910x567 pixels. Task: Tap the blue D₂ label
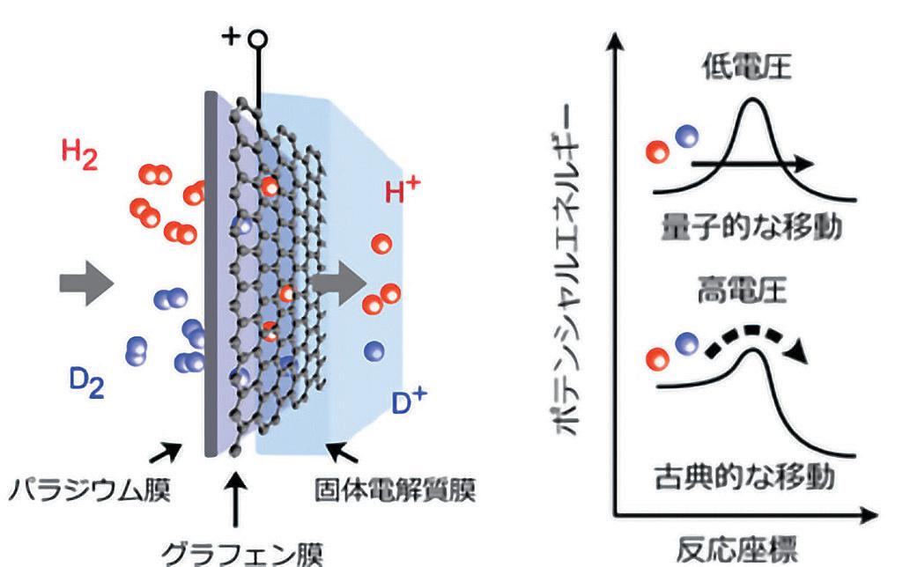tap(87, 383)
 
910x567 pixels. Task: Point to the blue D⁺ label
tap(410, 401)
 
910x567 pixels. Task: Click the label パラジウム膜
tap(89, 490)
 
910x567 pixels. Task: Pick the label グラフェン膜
tap(242, 553)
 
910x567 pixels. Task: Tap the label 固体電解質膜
tap(396, 490)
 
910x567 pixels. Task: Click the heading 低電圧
tap(747, 67)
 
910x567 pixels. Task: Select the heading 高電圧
tap(742, 291)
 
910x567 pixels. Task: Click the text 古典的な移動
tap(744, 477)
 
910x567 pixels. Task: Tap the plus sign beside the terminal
tap(231, 37)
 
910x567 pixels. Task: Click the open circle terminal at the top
tap(258, 40)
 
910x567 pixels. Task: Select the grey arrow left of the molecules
tap(86, 283)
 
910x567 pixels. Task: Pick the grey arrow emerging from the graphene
tap(340, 283)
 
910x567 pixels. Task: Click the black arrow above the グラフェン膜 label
tap(235, 500)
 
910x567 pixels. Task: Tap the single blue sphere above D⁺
tap(374, 351)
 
